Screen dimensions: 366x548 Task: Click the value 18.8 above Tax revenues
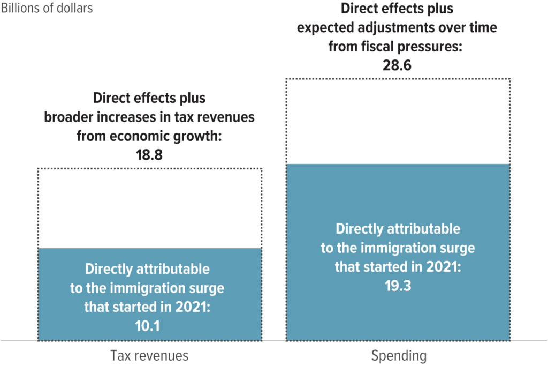point(149,155)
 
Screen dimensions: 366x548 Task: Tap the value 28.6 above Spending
point(398,65)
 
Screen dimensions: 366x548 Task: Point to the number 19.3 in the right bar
point(398,285)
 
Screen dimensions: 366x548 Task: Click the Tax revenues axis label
point(149,355)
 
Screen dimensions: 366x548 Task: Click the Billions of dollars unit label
point(47,8)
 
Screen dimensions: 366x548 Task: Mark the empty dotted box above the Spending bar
point(398,121)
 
